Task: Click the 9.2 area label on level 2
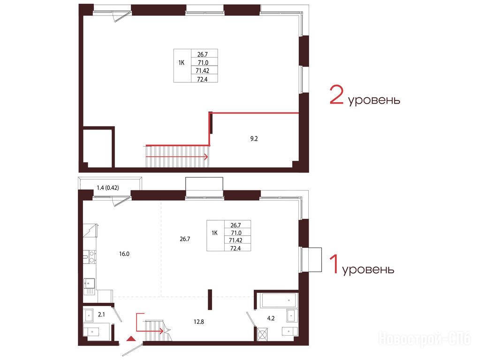(x=254, y=139)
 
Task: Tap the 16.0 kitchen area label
(x=124, y=254)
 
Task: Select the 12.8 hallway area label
(x=199, y=322)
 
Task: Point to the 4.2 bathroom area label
(x=271, y=318)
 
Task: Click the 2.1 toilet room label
(x=101, y=315)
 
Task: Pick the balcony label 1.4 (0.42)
(x=107, y=187)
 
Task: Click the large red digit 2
(x=336, y=95)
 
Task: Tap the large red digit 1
(x=334, y=264)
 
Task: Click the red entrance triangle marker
(x=130, y=338)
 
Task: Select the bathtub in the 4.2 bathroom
(x=279, y=300)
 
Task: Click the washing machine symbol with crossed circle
(x=263, y=334)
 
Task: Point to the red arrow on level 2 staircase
(x=177, y=157)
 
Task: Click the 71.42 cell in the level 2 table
(x=203, y=71)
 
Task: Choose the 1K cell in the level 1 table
(x=215, y=233)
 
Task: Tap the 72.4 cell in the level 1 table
(x=235, y=248)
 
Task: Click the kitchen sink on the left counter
(x=89, y=284)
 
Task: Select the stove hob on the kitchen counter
(x=90, y=257)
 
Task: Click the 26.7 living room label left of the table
(x=185, y=239)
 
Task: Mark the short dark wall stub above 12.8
(x=210, y=300)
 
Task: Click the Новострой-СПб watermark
(x=425, y=338)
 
